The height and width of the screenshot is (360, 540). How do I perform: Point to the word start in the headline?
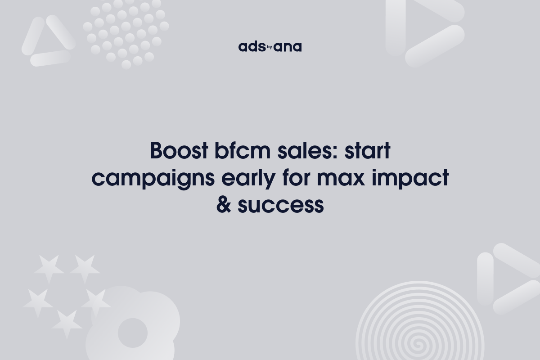click(367, 151)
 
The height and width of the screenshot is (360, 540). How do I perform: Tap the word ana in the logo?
click(288, 47)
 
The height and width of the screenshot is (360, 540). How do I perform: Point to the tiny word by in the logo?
click(270, 45)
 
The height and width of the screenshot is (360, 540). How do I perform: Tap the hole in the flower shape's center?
click(132, 333)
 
